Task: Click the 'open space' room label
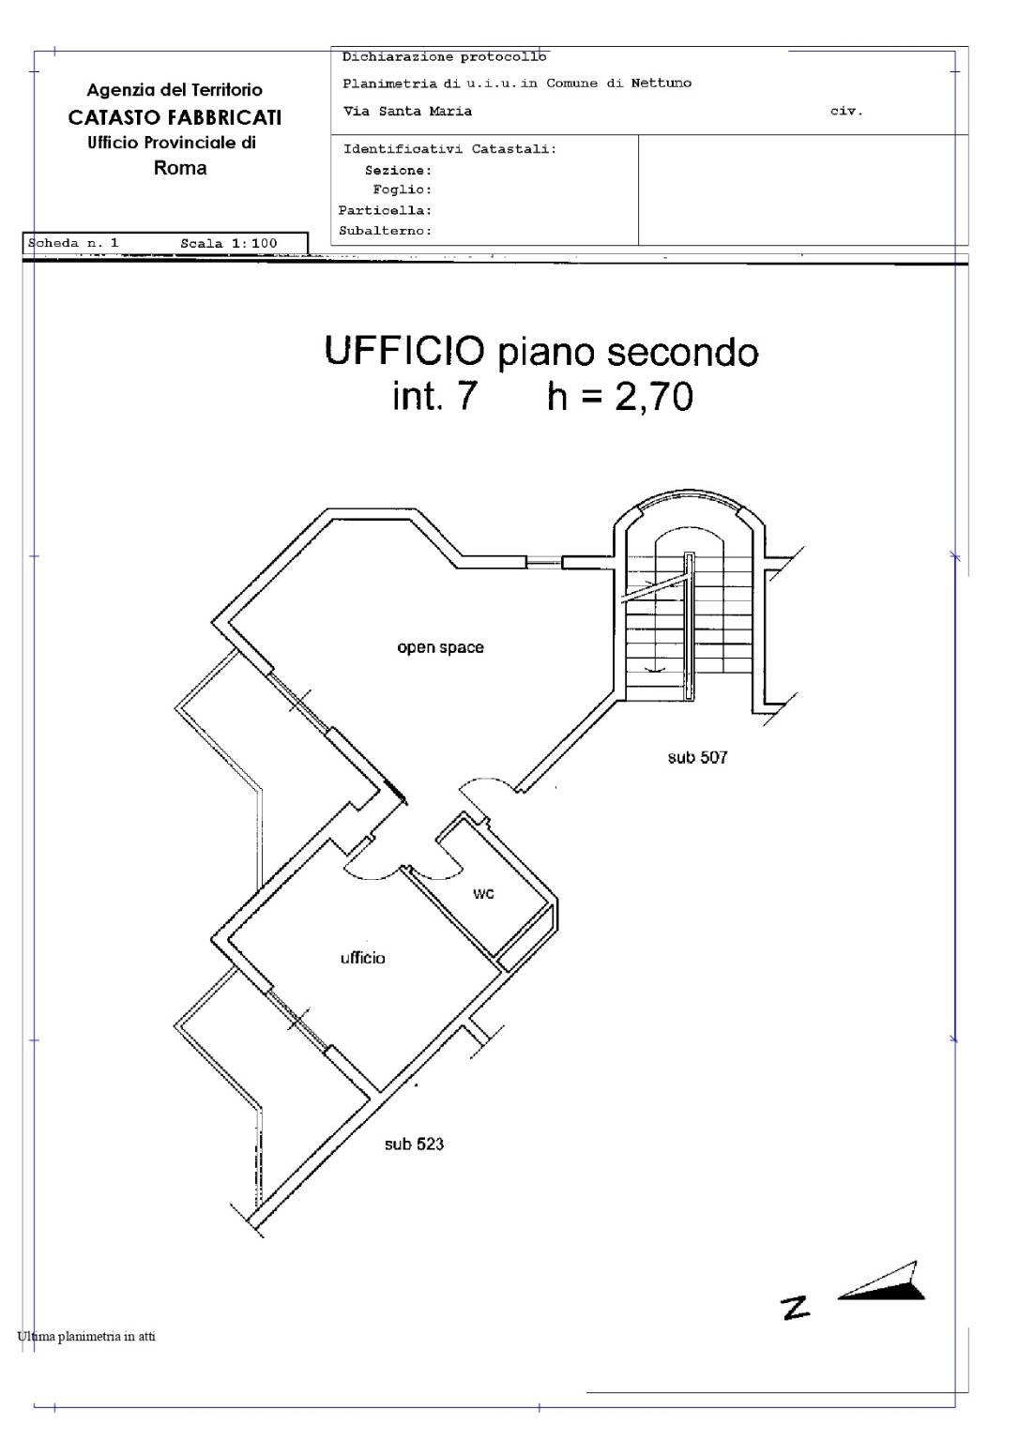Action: click(440, 648)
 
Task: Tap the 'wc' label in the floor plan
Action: click(483, 894)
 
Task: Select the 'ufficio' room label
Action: click(362, 958)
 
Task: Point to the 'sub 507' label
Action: click(697, 757)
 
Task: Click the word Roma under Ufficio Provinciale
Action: click(180, 169)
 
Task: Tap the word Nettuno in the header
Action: click(661, 83)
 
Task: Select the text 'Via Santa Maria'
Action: click(407, 112)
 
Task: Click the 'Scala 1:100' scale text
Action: click(229, 244)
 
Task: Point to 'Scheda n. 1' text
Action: click(73, 243)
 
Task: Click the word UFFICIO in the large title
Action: click(404, 351)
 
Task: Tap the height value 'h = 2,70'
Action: click(620, 396)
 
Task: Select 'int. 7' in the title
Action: click(434, 396)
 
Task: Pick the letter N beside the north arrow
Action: click(796, 1308)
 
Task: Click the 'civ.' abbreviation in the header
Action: click(846, 112)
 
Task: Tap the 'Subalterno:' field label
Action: click(385, 231)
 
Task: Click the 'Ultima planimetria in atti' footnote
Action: click(86, 1337)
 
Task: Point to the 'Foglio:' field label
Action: click(403, 190)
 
